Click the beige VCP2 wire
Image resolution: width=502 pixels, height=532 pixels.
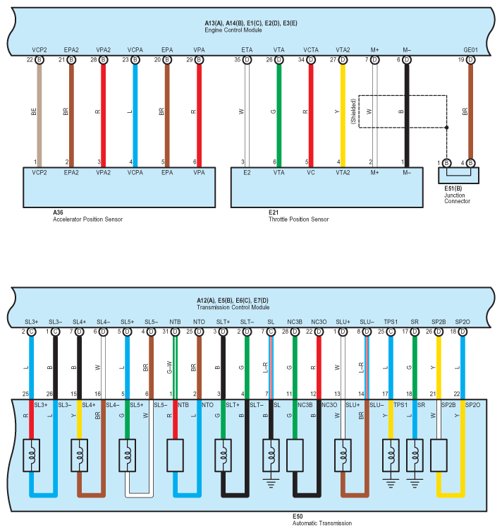[x=39, y=113]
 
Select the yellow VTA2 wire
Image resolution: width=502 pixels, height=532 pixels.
[x=343, y=113]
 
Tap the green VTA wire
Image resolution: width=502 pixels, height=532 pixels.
[x=278, y=113]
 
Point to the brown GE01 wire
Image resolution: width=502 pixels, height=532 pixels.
[x=470, y=113]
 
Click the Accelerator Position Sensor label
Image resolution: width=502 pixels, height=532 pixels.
[x=87, y=219]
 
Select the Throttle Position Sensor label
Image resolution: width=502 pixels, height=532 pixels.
[x=298, y=219]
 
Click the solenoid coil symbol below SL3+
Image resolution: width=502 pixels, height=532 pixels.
[x=31, y=454]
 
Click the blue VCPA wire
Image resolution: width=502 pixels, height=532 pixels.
[x=135, y=113]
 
